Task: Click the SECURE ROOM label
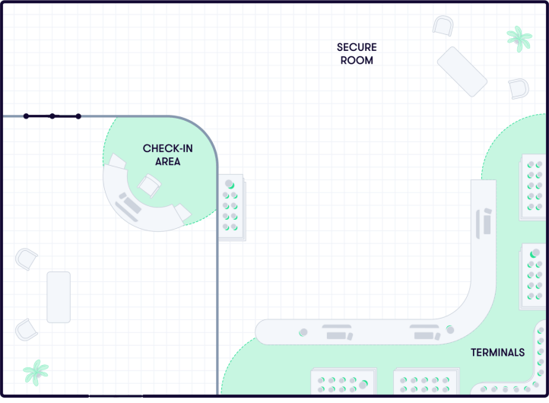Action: pyautogui.click(x=357, y=53)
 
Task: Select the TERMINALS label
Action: pyautogui.click(x=497, y=352)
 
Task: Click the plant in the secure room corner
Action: pyautogui.click(x=519, y=38)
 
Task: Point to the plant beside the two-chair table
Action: pyautogui.click(x=35, y=372)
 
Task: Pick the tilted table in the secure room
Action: pyautogui.click(x=462, y=71)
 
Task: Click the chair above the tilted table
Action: pyautogui.click(x=443, y=25)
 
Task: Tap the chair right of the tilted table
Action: pyautogui.click(x=519, y=88)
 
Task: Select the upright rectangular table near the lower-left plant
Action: pyautogui.click(x=59, y=297)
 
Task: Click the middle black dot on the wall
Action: pyautogui.click(x=52, y=116)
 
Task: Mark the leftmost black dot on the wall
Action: pyautogui.click(x=26, y=116)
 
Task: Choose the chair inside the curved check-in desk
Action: pyautogui.click(x=150, y=185)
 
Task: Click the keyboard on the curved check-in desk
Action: pyautogui.click(x=128, y=205)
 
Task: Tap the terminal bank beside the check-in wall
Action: pyautogui.click(x=231, y=207)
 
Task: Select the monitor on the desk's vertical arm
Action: pyautogui.click(x=486, y=222)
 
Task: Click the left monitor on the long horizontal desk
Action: pyautogui.click(x=337, y=332)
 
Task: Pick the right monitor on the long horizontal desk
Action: pyautogui.click(x=424, y=332)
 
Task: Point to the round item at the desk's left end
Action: pyautogui.click(x=303, y=332)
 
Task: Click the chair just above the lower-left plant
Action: pyautogui.click(x=26, y=329)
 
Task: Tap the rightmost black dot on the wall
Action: pyautogui.click(x=78, y=116)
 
